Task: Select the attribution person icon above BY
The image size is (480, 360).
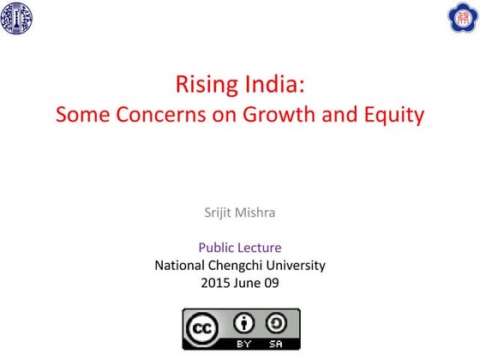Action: (244, 323)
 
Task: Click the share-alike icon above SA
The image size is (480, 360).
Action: (277, 323)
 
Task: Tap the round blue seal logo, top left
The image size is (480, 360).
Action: (17, 16)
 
